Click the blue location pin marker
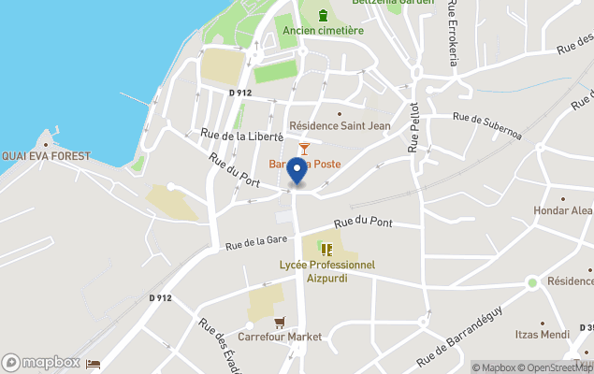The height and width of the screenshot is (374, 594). (297, 172)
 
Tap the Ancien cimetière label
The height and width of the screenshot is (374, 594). (324, 31)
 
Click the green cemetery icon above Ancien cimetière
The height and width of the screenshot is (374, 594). (324, 15)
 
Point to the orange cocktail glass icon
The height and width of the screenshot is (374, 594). (304, 148)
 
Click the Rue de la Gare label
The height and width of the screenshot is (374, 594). (255, 241)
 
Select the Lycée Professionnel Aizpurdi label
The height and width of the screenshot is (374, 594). (327, 271)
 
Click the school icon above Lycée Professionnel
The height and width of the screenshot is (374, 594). (326, 249)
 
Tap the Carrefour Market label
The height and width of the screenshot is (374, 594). (280, 337)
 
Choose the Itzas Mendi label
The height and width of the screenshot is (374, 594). (543, 334)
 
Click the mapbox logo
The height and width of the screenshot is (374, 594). (41, 362)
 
